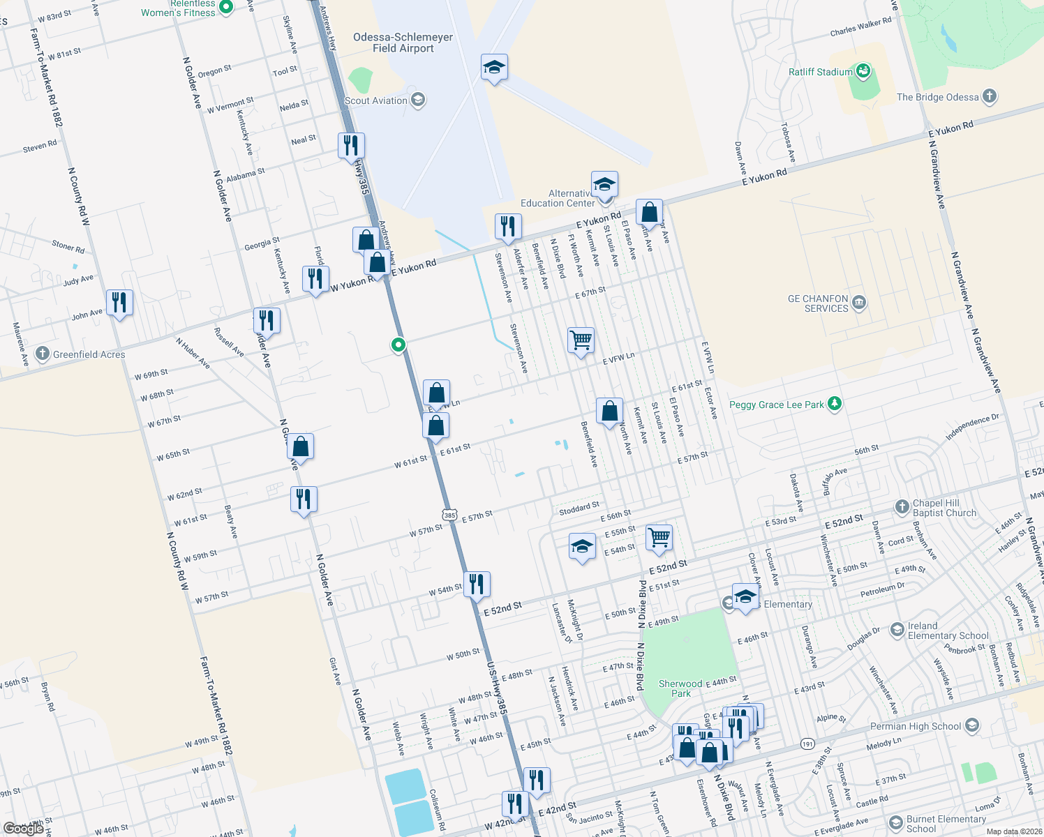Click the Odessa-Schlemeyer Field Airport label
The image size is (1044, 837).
point(403,43)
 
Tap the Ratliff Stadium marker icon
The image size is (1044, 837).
point(863,71)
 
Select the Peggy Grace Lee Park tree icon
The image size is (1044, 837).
point(834,404)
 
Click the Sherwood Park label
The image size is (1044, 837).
point(680,688)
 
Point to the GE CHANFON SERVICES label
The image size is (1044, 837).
point(817,303)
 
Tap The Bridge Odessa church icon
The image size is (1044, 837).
point(989,97)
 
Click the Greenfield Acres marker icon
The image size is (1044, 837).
point(43,354)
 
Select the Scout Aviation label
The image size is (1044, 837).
point(376,100)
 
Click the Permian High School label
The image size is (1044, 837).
point(916,726)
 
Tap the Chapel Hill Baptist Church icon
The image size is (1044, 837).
point(902,506)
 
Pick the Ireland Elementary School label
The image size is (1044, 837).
point(948,631)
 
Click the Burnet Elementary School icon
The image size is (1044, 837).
point(895,824)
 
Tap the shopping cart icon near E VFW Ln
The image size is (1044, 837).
point(581,340)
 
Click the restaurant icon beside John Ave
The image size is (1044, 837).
point(120,303)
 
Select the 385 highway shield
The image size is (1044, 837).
point(449,515)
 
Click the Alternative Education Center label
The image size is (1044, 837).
point(558,198)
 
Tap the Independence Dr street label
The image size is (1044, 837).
point(972,428)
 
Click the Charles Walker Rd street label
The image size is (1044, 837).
point(860,27)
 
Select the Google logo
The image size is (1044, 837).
point(23,828)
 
